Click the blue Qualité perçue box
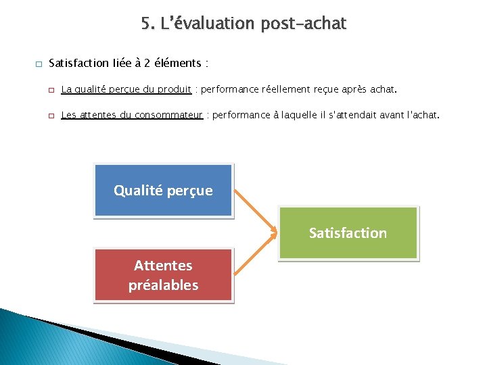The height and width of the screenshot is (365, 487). pyautogui.click(x=163, y=191)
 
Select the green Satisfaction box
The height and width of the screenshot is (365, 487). pyautogui.click(x=348, y=233)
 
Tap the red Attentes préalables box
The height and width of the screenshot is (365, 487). pyautogui.click(x=163, y=274)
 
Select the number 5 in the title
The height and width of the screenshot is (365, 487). pyautogui.click(x=146, y=24)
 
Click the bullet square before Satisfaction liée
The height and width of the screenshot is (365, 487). pyautogui.click(x=37, y=64)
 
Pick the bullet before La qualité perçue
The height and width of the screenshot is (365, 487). pyautogui.click(x=50, y=89)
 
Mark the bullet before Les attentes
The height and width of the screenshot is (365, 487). pyautogui.click(x=50, y=116)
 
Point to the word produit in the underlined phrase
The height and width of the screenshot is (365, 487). pyautogui.click(x=175, y=89)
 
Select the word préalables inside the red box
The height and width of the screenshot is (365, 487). pyautogui.click(x=163, y=285)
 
